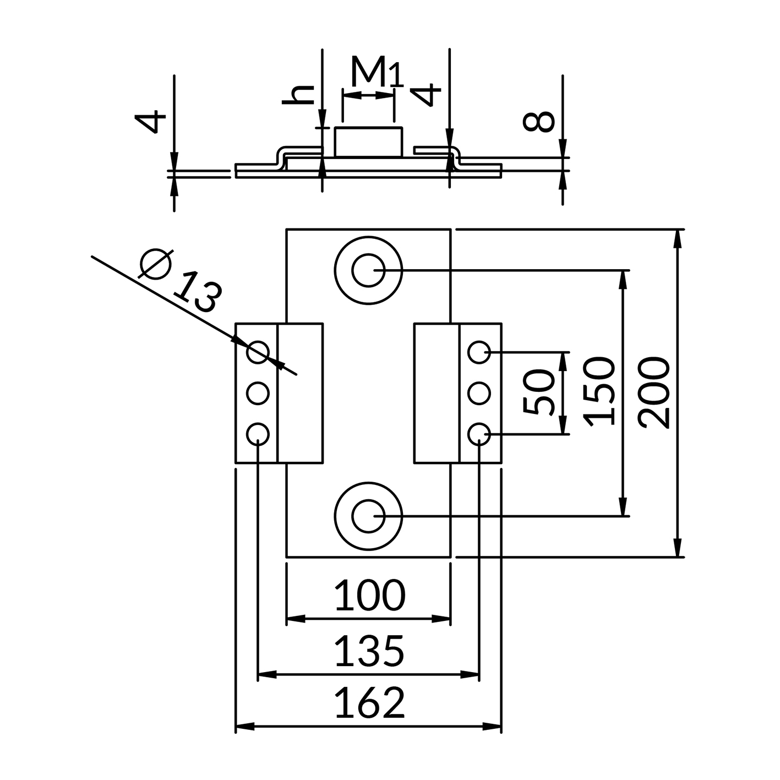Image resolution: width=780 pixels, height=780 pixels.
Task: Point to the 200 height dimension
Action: pos(654,392)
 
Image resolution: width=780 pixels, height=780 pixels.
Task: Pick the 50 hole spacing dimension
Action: pos(538,392)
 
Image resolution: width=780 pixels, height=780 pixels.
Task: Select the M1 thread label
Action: pos(377,72)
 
